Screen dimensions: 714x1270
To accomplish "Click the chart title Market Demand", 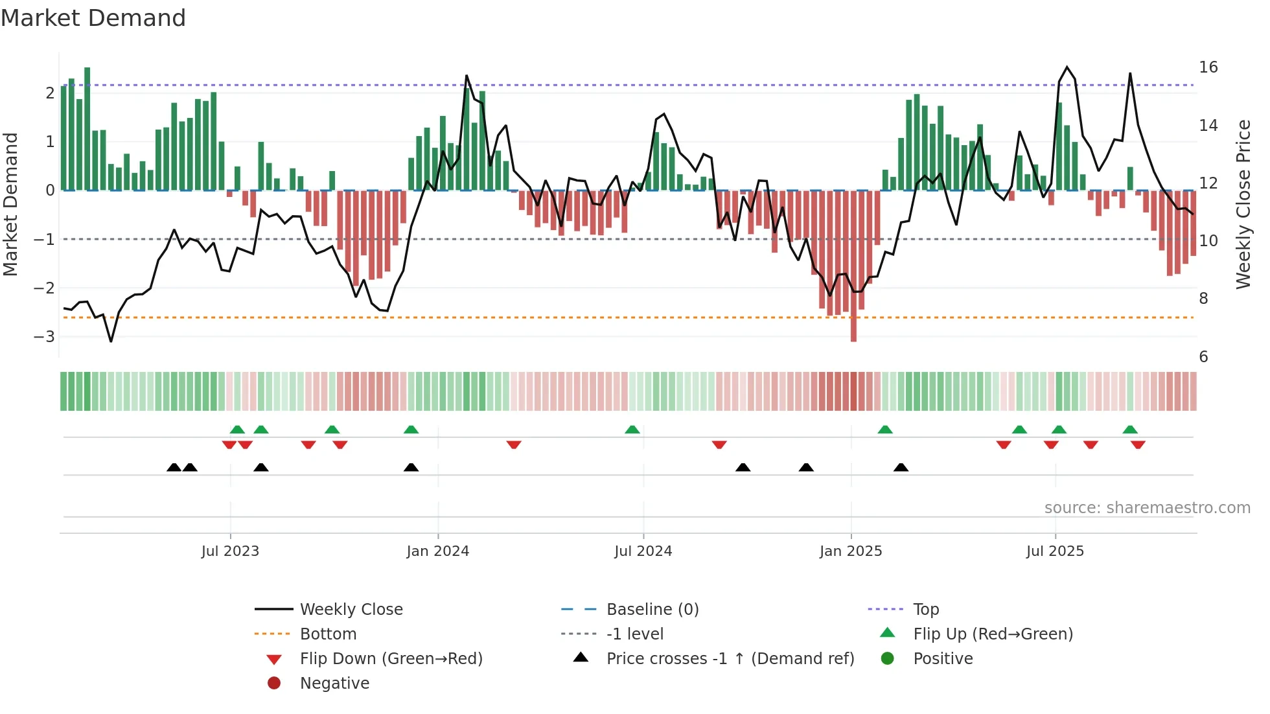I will coord(93,18).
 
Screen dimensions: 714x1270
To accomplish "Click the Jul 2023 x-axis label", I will coord(230,551).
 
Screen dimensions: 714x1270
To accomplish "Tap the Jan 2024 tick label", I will coord(437,551).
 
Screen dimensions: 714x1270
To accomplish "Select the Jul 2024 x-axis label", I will coord(643,551).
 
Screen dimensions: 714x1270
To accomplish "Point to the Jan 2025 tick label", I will coord(850,551).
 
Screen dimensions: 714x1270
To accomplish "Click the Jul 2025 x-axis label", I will coord(1055,551).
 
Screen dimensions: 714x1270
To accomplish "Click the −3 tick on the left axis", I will coord(44,337).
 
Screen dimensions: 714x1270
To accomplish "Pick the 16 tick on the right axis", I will coord(1208,67).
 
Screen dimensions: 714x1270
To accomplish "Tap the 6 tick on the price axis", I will coord(1203,357).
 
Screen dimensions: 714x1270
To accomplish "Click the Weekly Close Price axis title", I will coord(1243,204).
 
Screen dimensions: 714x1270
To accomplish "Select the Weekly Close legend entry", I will coord(351,610).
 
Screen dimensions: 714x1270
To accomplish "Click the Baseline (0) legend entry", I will coord(652,610).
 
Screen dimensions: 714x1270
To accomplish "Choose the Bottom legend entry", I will coord(328,634).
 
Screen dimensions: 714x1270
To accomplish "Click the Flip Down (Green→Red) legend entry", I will coord(391,659).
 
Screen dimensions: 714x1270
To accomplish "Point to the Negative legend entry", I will coord(334,684).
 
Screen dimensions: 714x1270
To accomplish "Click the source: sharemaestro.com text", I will coord(1147,508).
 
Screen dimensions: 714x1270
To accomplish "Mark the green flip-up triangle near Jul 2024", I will coord(632,430).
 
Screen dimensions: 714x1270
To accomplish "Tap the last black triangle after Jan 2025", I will coord(901,467).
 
